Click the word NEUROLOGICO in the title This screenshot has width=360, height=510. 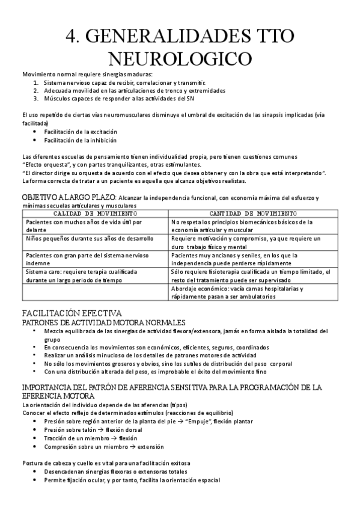(180, 58)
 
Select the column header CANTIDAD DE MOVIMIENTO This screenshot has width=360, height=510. (252, 214)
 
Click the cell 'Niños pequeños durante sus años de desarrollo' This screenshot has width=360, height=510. (90, 238)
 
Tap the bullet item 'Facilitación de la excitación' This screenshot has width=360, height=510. (80, 132)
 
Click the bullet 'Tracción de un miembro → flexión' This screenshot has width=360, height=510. (90, 438)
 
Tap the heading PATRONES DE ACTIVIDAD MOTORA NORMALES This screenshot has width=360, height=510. (103, 322)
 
